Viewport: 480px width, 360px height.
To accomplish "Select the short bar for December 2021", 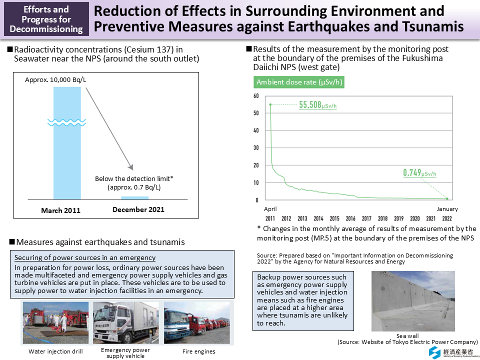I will (x=135, y=198).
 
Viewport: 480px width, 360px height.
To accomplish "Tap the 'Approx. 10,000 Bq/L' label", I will (x=52, y=79).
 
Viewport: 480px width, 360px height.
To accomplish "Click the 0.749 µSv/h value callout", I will (x=419, y=173).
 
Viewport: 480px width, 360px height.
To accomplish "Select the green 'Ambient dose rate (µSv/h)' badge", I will (x=299, y=82).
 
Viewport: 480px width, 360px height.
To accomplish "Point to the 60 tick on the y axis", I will (x=255, y=96).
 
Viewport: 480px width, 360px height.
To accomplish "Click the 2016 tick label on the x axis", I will (x=350, y=218).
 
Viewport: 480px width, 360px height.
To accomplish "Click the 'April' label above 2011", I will (x=270, y=209).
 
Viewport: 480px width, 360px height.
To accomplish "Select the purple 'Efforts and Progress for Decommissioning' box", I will (x=46, y=18).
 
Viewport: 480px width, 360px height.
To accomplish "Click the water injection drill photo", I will (x=55, y=322).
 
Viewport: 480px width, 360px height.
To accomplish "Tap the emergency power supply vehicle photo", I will (x=125, y=322).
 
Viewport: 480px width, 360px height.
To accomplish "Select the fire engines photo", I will (x=197, y=322).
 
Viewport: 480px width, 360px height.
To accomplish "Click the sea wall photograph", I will (x=413, y=301).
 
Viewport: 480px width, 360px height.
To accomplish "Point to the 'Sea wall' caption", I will (x=407, y=336).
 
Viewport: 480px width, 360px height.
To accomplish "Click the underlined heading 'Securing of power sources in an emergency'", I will (x=85, y=258).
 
